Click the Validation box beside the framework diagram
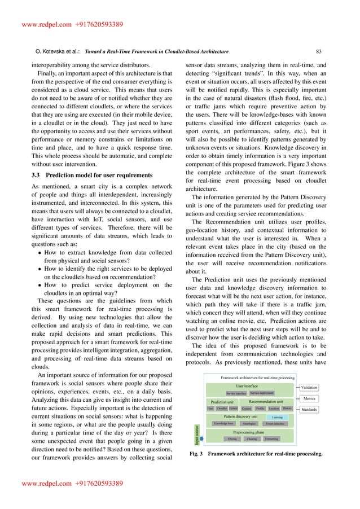pos(309,388)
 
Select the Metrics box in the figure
pos(309,398)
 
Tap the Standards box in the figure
pos(308,409)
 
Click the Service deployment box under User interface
pos(262,392)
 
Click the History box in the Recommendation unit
pos(287,408)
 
